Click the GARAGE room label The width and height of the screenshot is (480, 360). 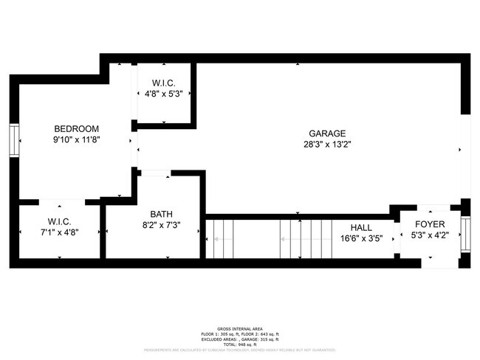tap(327, 133)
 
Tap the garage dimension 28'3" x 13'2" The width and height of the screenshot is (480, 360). tap(327, 145)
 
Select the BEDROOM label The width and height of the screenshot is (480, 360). tap(76, 128)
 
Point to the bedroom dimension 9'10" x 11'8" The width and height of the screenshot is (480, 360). tap(76, 139)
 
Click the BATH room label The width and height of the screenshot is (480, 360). tap(161, 214)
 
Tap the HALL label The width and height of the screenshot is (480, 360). tap(361, 227)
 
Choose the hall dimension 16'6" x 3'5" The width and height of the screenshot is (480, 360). tap(361, 238)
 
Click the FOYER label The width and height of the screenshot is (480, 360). tap(428, 224)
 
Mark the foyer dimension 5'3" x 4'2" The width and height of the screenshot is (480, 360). tap(428, 235)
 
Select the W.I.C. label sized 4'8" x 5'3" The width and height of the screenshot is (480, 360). tap(163, 83)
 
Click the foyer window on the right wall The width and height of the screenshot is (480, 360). tap(464, 235)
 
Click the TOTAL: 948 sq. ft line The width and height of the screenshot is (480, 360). tap(240, 344)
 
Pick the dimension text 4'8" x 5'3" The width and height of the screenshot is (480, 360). tap(163, 94)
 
